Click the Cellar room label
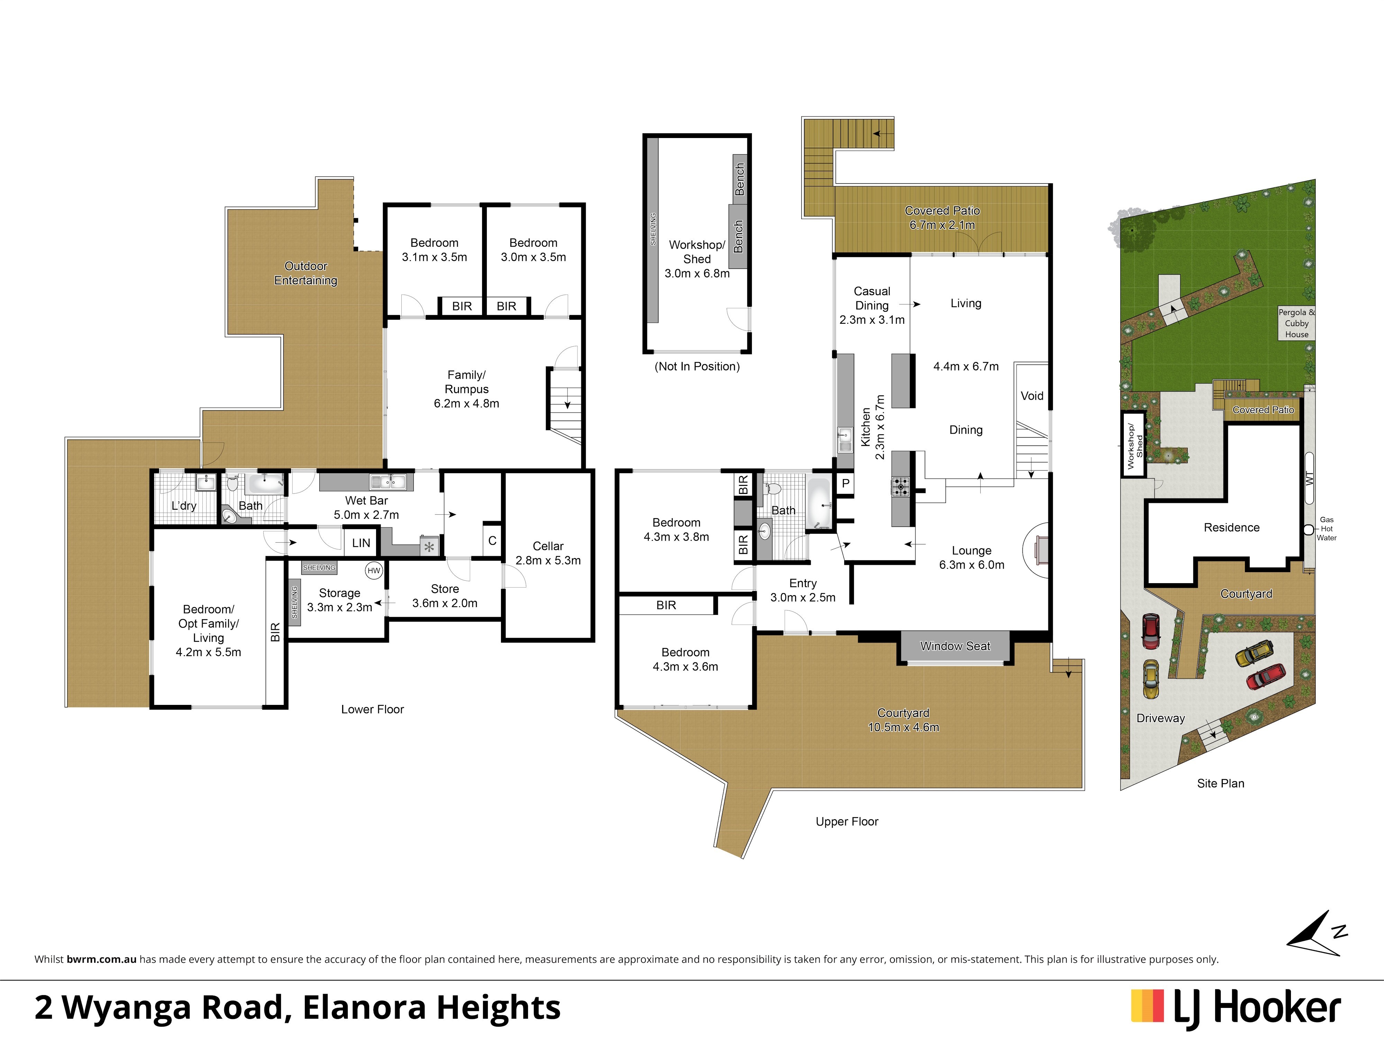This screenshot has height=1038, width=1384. tap(548, 546)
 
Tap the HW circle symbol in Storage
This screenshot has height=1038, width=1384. tap(374, 570)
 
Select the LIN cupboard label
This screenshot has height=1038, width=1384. tap(361, 543)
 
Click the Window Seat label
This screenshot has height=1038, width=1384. tap(955, 646)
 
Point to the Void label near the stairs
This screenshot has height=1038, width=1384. tap(1032, 396)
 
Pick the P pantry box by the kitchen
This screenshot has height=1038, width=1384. tap(845, 483)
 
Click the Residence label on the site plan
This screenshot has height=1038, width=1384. tap(1231, 527)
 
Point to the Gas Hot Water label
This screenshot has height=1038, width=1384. tap(1327, 529)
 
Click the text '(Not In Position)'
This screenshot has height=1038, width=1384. tap(697, 366)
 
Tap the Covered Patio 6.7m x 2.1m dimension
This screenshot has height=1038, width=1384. tap(942, 225)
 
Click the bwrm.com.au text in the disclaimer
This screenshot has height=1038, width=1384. tap(101, 959)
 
